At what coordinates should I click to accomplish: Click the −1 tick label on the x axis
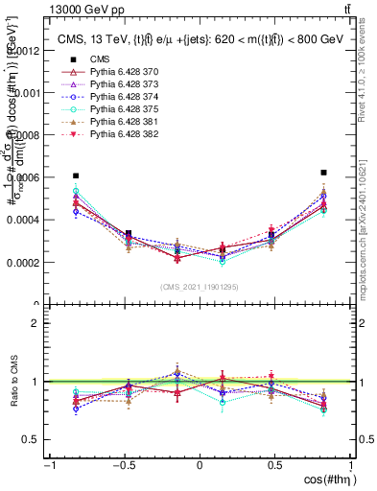click(x=49, y=465)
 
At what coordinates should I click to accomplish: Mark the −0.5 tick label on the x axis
click(x=124, y=465)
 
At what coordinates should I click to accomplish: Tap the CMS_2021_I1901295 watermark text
click(x=200, y=288)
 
